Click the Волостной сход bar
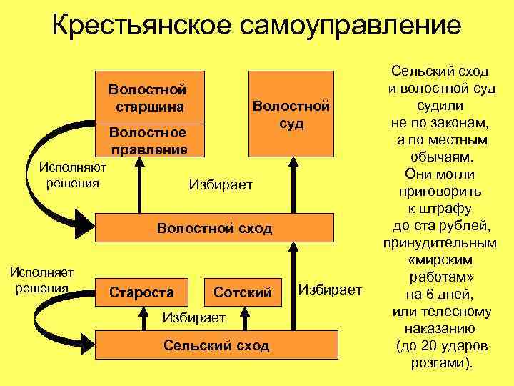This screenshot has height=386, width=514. (x=214, y=228)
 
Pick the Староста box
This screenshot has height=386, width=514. (x=141, y=292)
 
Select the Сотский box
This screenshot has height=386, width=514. (x=243, y=292)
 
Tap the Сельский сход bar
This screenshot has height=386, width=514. (x=216, y=345)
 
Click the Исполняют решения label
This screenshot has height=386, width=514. (x=72, y=175)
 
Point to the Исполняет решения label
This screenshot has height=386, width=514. (x=40, y=280)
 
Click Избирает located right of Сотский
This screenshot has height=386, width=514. (x=330, y=289)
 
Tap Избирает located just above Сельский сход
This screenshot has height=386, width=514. (x=194, y=317)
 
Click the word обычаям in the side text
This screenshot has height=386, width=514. (x=440, y=157)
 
